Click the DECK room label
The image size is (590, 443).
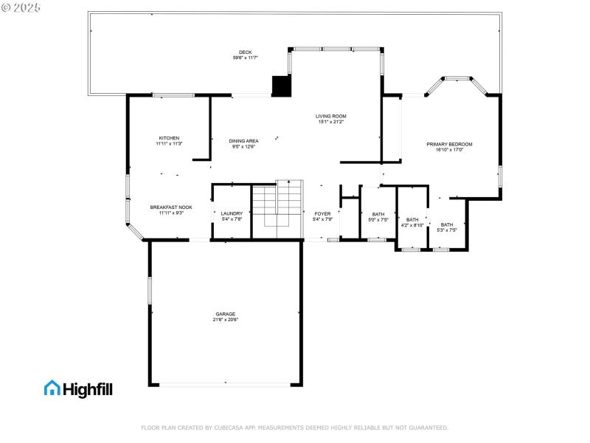coord(245,52)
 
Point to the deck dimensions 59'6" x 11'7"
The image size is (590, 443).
coord(245,58)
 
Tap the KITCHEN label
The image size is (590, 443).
coord(169,138)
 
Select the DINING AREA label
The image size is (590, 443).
coord(243,140)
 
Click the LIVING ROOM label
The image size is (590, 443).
coord(331,116)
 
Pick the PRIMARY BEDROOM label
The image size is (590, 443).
coord(449,144)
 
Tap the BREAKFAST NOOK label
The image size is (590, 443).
coord(171,207)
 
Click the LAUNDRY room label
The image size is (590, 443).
coord(232,213)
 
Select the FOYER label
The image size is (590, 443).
coord(323,213)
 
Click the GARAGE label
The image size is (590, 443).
coord(226,314)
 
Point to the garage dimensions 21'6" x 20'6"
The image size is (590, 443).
coord(226,320)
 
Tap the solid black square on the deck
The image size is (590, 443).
coord(282,86)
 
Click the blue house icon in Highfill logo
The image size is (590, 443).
coord(52,388)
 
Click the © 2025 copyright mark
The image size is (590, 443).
coord(21,7)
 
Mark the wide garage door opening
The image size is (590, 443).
coord(226,384)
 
